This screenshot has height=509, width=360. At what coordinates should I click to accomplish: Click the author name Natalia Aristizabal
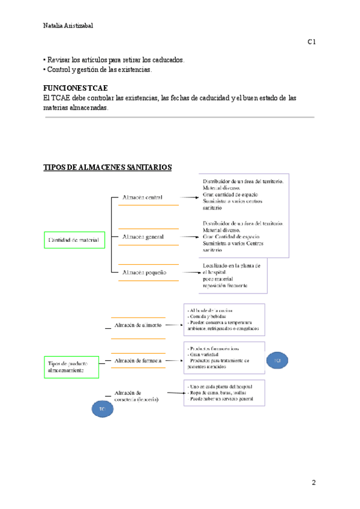[68, 26]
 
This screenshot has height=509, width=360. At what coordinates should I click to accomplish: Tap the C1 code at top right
[312, 42]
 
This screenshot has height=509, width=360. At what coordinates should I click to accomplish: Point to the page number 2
[313, 482]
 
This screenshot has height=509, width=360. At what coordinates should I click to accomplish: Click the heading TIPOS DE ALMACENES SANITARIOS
[108, 167]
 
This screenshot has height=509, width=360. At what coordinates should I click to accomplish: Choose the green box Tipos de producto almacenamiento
[72, 368]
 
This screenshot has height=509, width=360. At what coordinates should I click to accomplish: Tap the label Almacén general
[142, 237]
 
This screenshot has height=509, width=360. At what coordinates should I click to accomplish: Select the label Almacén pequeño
[143, 273]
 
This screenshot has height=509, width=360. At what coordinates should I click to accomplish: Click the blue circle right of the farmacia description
[278, 360]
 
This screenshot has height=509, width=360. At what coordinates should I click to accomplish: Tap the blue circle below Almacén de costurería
[102, 409]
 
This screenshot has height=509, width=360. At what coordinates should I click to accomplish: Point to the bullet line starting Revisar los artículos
[114, 61]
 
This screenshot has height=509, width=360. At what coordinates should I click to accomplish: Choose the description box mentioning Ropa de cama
[223, 391]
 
